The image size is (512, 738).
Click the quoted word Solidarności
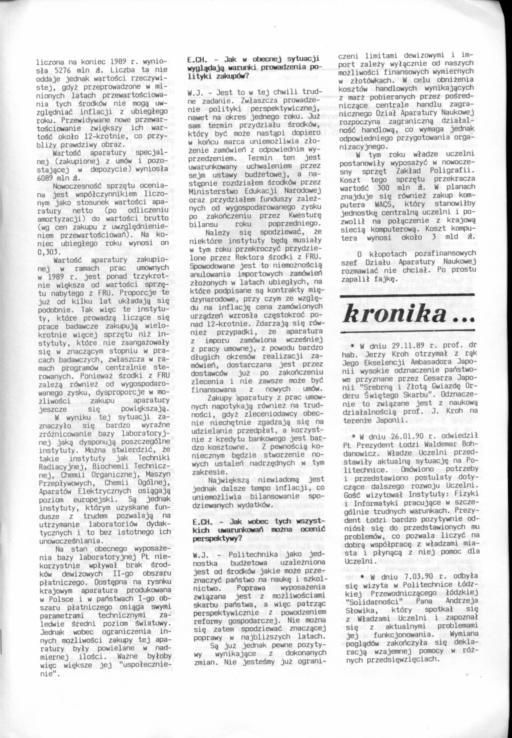(371, 601)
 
